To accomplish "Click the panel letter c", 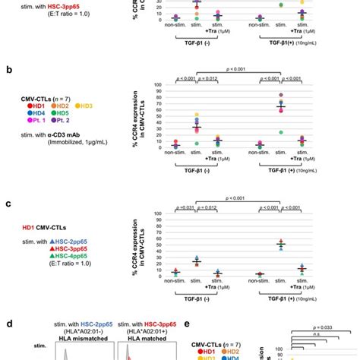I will (x=9, y=204).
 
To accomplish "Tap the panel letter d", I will (x=9, y=322).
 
